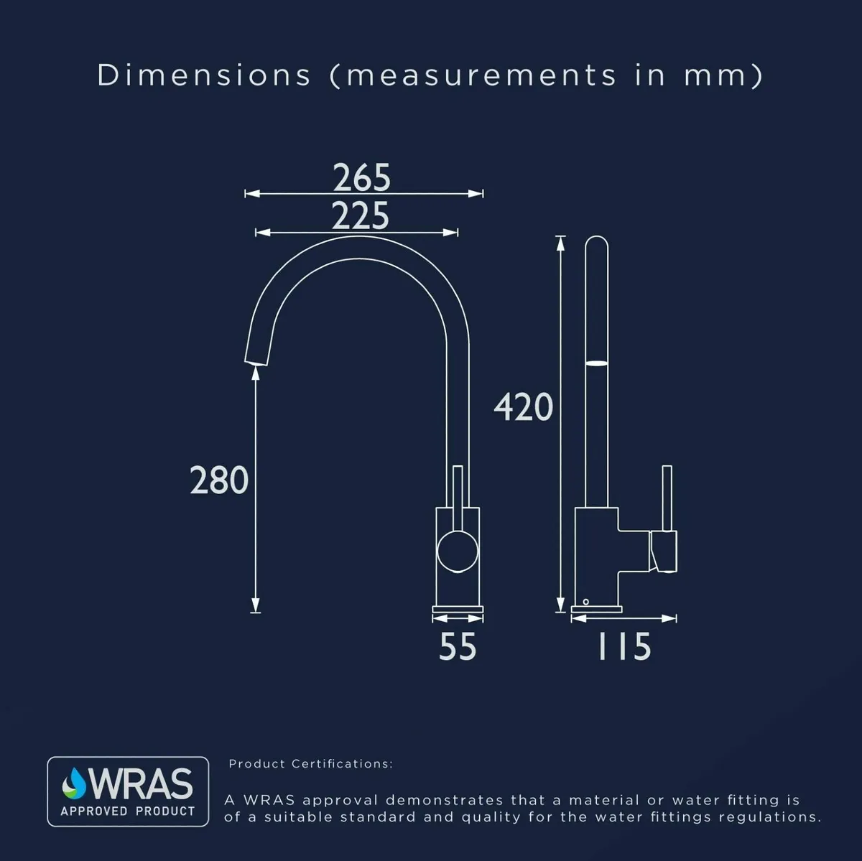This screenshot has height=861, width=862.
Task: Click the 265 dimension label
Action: tap(362, 177)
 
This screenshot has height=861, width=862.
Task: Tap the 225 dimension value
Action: tap(361, 215)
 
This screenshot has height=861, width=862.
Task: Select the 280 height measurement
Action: tap(219, 480)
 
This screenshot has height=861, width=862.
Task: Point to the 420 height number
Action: tap(524, 407)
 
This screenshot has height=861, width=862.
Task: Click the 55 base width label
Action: tap(458, 646)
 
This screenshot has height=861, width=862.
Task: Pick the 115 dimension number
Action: tap(624, 646)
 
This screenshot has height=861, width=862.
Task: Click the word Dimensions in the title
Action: tap(204, 75)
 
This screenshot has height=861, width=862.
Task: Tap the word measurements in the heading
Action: tap(481, 75)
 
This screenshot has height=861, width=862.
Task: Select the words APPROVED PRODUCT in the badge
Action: tap(128, 811)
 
